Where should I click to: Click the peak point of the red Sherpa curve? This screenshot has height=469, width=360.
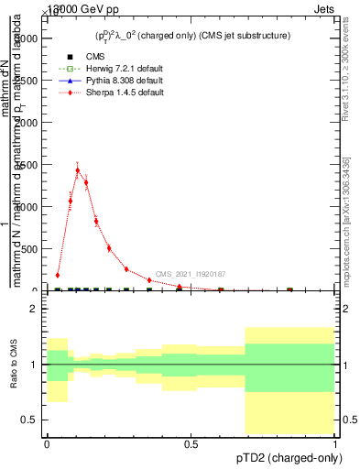pos(78,169)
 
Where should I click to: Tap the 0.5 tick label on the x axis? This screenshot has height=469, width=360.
pos(191,444)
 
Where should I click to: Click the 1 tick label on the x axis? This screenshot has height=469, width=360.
pos(334,444)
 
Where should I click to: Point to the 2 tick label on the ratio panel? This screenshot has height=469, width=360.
pos(34,309)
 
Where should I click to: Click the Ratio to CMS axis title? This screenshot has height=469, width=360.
pos(14,365)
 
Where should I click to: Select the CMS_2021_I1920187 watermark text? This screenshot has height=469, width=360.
pos(190,274)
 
